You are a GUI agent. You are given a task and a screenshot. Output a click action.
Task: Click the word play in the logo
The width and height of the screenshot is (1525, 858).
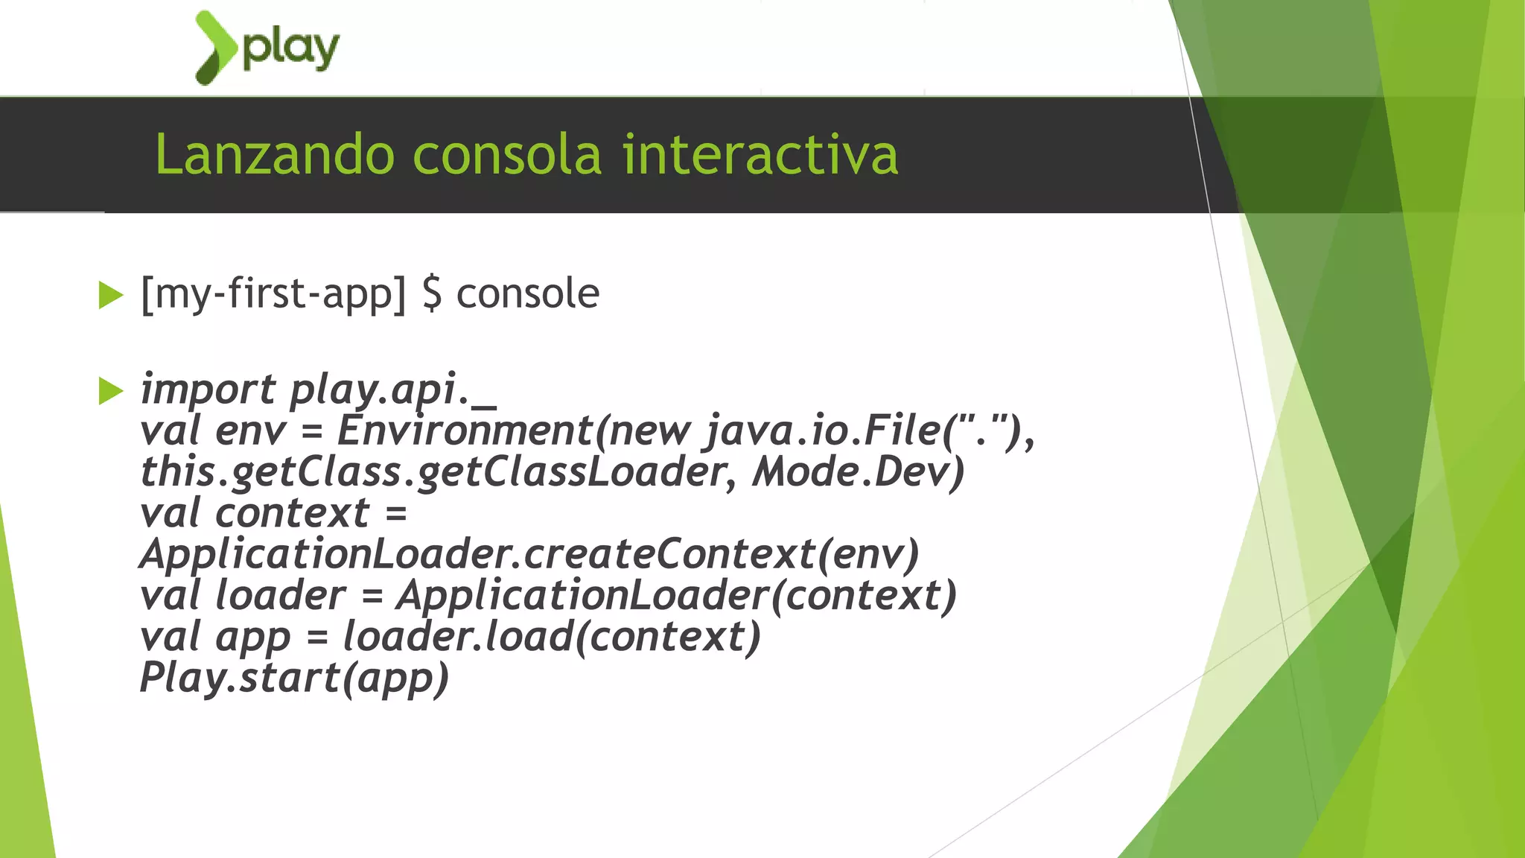click(291, 49)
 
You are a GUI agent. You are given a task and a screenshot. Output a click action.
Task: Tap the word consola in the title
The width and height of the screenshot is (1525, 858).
click(507, 155)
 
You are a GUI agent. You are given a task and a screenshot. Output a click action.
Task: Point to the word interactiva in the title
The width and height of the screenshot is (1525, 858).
click(760, 155)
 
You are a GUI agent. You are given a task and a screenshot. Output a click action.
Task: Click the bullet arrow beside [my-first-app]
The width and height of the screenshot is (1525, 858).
click(110, 295)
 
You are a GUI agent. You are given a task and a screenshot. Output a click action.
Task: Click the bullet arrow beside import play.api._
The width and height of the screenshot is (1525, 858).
click(110, 391)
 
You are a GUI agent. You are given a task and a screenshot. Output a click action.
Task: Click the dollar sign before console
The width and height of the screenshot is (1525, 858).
click(432, 293)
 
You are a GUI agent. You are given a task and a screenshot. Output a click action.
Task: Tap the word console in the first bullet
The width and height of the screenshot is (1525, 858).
click(528, 293)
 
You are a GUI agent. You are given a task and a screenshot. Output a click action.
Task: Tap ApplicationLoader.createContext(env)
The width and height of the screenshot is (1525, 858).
click(529, 555)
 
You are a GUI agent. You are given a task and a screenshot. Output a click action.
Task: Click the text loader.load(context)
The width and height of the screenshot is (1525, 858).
click(552, 637)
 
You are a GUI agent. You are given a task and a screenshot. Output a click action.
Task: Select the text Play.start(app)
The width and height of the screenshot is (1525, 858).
click(295, 679)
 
